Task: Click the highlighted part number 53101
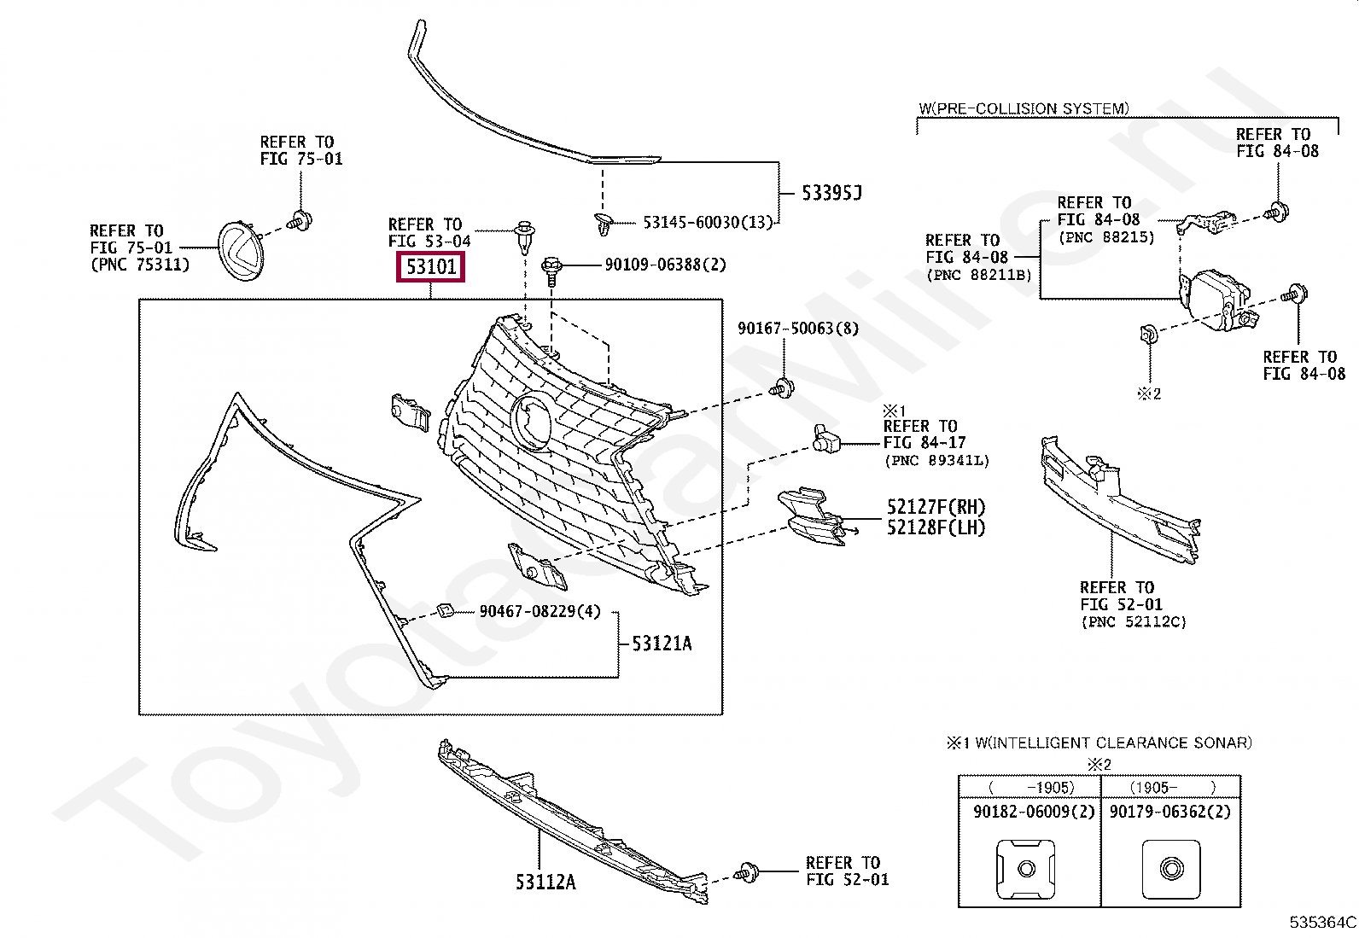tap(431, 267)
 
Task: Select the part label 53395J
tap(831, 193)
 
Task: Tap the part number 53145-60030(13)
tap(707, 222)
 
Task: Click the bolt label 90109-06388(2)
tap(665, 265)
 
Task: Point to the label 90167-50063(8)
tap(797, 329)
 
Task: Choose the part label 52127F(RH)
tap(936, 508)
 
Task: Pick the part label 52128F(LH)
tap(936, 527)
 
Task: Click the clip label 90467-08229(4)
tap(540, 611)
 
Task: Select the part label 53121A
tap(662, 644)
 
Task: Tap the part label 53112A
tap(545, 882)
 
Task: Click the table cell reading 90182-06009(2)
tap(1033, 812)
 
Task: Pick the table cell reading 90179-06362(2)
tap(1169, 812)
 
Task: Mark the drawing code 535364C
tap(1322, 922)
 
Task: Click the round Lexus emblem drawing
tap(242, 250)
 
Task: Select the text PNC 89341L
tap(936, 460)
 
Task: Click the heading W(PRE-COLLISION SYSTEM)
tap(1023, 108)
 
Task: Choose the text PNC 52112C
tap(1133, 622)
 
